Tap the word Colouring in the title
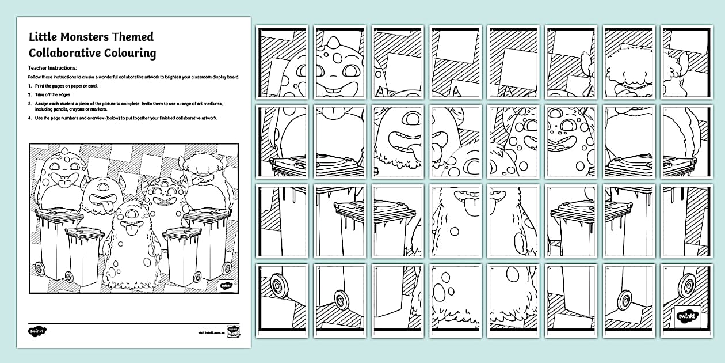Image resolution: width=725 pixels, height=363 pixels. [129, 54]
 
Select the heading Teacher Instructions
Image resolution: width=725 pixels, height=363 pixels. [56, 68]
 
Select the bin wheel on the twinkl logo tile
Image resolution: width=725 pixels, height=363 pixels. [685, 286]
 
